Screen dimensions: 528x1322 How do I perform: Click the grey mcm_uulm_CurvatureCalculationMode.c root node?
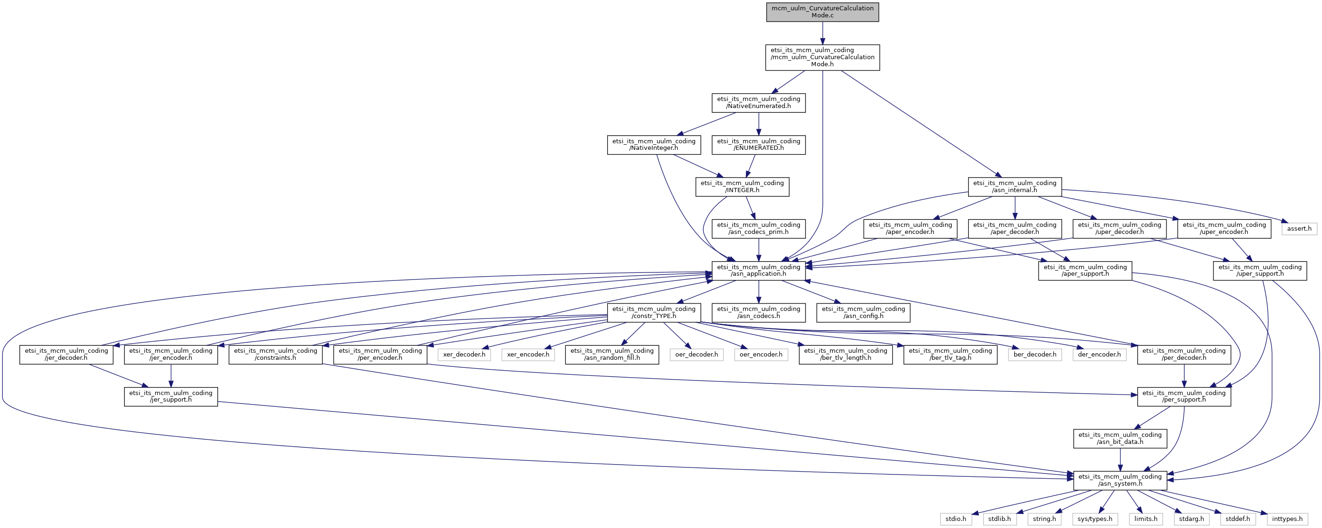click(x=822, y=12)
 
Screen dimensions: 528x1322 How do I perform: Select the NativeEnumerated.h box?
click(x=759, y=102)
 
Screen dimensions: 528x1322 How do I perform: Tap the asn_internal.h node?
click(x=1015, y=187)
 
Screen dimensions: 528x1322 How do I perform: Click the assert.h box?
click(x=1299, y=228)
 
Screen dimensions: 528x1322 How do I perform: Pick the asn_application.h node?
click(x=759, y=271)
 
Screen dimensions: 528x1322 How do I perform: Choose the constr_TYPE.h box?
click(x=654, y=312)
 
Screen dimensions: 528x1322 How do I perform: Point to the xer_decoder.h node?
click(x=464, y=355)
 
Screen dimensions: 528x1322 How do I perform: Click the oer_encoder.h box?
click(x=760, y=355)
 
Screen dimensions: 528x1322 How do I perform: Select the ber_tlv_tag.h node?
click(x=950, y=355)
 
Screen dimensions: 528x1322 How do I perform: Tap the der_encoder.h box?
click(x=1099, y=355)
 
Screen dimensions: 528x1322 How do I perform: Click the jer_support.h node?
click(x=171, y=396)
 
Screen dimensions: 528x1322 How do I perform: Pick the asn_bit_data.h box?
click(x=1120, y=438)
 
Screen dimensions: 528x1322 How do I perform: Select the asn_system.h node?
click(x=1120, y=480)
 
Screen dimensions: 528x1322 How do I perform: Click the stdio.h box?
click(x=955, y=519)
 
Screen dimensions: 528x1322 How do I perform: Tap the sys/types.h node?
click(x=1095, y=519)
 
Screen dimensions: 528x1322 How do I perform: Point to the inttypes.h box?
click(x=1288, y=519)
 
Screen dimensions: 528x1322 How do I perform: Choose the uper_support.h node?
click(x=1260, y=271)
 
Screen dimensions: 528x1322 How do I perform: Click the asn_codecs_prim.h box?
click(x=759, y=228)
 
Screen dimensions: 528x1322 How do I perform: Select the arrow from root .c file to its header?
click(x=822, y=33)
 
